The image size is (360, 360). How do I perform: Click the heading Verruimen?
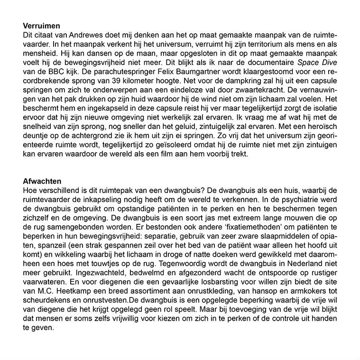(x=45, y=26)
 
